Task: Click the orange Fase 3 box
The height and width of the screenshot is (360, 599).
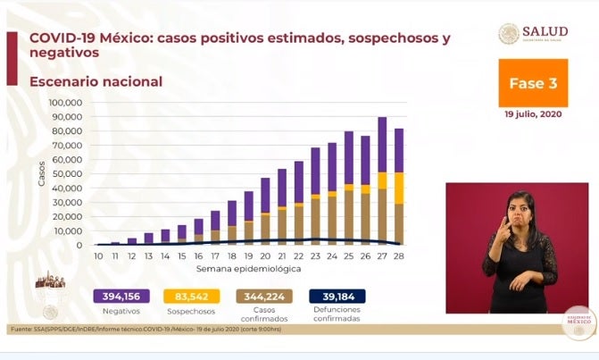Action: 533,83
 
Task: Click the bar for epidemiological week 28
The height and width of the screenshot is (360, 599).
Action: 399,188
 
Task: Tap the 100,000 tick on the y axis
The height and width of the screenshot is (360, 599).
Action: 66,103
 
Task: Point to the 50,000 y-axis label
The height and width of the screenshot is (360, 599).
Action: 68,174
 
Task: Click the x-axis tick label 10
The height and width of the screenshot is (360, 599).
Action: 98,255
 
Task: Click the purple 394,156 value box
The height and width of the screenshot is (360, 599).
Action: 121,297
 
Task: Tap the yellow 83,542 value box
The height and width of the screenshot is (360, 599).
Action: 193,297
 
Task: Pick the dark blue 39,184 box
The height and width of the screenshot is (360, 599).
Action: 337,297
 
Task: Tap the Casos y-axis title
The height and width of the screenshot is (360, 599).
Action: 42,173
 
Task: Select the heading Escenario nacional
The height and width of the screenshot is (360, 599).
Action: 96,82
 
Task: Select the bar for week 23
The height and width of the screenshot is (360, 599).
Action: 315,197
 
